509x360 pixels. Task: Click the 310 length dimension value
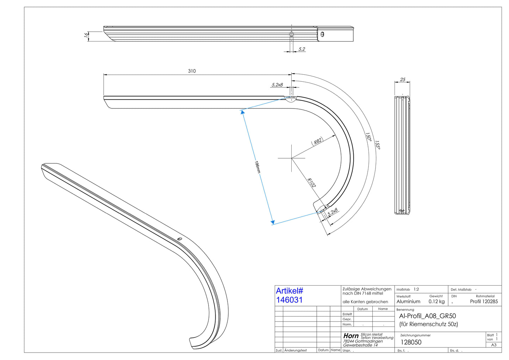click(192, 71)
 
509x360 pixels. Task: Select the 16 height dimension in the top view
click(86, 35)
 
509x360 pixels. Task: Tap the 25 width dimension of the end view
click(402, 80)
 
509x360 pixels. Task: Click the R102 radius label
click(311, 183)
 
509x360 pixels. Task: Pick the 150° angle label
click(368, 137)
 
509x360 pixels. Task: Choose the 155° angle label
click(377, 145)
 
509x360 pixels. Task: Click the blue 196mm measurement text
click(257, 167)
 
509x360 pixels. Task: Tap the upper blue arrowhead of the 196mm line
click(242, 112)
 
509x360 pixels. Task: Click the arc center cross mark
click(292, 158)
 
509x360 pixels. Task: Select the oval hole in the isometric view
click(180, 239)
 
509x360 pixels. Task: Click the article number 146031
click(289, 300)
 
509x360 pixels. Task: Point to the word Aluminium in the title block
click(408, 302)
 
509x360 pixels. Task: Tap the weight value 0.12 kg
click(436, 302)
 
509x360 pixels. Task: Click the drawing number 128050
click(411, 342)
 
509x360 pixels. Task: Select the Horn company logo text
click(351, 336)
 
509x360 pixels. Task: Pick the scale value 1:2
click(416, 289)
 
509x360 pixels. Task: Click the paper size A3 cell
click(494, 345)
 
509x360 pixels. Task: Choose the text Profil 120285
click(484, 302)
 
